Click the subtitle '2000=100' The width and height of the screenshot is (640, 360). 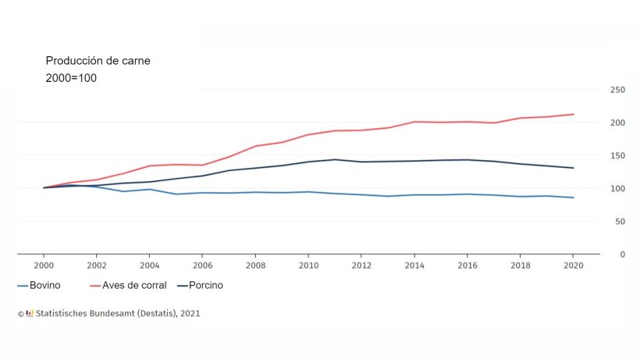(x=71, y=78)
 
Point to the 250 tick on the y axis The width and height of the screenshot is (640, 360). (x=617, y=90)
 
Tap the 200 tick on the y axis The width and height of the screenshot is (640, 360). (x=617, y=123)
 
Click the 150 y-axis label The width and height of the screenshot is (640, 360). (x=617, y=155)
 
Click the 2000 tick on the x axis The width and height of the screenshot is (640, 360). (x=44, y=266)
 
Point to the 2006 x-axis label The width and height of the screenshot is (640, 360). (x=202, y=266)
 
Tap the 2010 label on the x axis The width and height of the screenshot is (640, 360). (x=308, y=266)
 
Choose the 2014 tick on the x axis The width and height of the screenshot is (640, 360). (x=414, y=266)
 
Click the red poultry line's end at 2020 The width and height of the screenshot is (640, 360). (x=574, y=114)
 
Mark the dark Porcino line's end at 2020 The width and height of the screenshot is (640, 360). (x=574, y=168)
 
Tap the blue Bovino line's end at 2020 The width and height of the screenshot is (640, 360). (x=574, y=198)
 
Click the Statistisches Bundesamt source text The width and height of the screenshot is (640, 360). (x=117, y=314)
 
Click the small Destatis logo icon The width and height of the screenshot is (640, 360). (x=30, y=314)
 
